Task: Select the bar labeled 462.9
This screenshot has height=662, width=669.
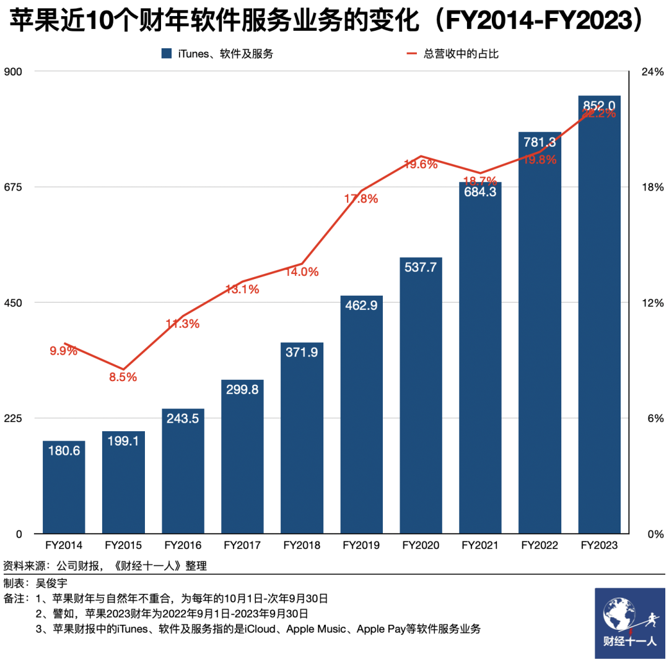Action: [361, 415]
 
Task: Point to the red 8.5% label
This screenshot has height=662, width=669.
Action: [123, 377]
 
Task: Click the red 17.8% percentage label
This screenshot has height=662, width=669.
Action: [361, 199]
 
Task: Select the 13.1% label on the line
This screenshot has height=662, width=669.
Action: [242, 289]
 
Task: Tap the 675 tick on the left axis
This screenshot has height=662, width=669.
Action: [14, 187]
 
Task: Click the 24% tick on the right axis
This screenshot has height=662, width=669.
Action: [652, 72]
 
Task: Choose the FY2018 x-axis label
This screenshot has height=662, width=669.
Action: [302, 546]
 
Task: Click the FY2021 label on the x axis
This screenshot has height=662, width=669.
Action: [480, 546]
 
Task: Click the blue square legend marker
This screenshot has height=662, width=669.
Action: [165, 54]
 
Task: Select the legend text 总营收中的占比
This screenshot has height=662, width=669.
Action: [461, 54]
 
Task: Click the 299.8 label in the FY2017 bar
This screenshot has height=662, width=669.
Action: [242, 389]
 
